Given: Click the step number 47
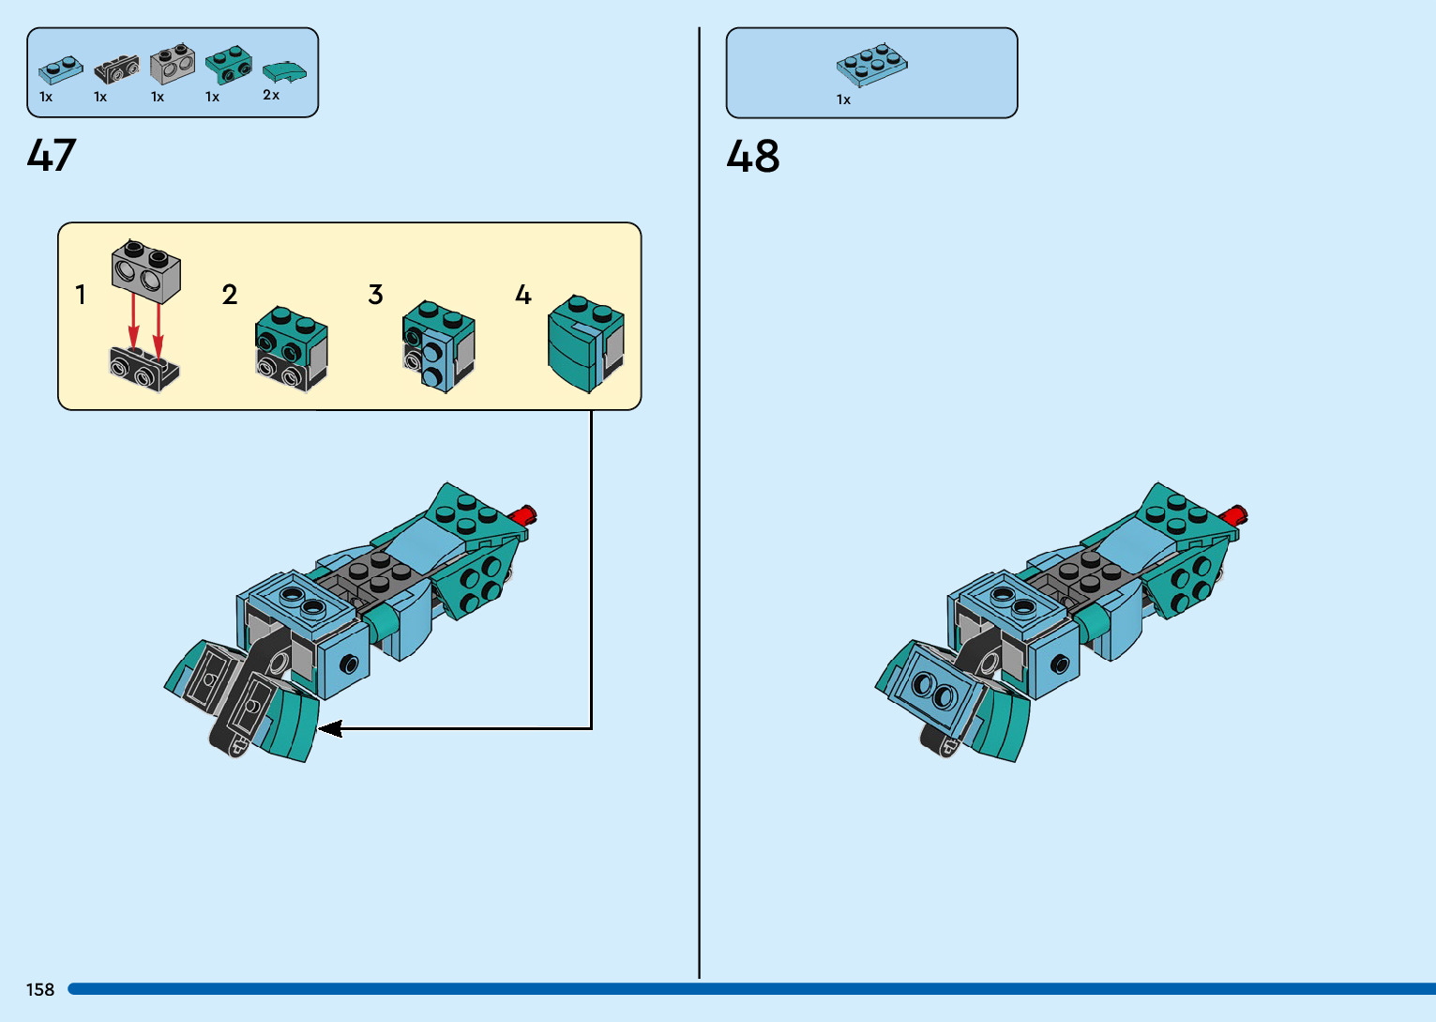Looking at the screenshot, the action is point(52,156).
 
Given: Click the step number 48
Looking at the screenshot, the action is point(752,157).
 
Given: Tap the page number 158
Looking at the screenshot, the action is point(40,989).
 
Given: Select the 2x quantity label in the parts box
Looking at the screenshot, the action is point(271,95).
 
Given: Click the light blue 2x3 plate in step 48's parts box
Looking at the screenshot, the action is point(871,64).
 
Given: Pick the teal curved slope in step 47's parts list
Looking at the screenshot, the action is point(283,71).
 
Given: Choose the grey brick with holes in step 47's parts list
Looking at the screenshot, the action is point(173,63).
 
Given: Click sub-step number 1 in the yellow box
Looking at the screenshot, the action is point(81,295).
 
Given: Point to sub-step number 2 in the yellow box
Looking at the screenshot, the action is point(230,295).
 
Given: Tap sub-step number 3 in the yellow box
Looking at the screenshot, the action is point(375,295).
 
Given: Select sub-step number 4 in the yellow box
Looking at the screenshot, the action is point(523,295).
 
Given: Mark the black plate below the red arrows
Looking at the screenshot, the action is point(144,368).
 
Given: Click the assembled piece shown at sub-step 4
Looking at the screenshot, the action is point(584,343).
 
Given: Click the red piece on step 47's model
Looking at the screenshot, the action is point(523,514).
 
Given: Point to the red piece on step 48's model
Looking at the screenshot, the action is point(1233,514).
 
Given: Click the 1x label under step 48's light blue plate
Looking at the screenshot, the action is point(843,99).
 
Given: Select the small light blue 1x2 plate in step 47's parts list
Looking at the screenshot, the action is point(60,69).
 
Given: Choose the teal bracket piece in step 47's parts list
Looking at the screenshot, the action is point(228,64).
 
